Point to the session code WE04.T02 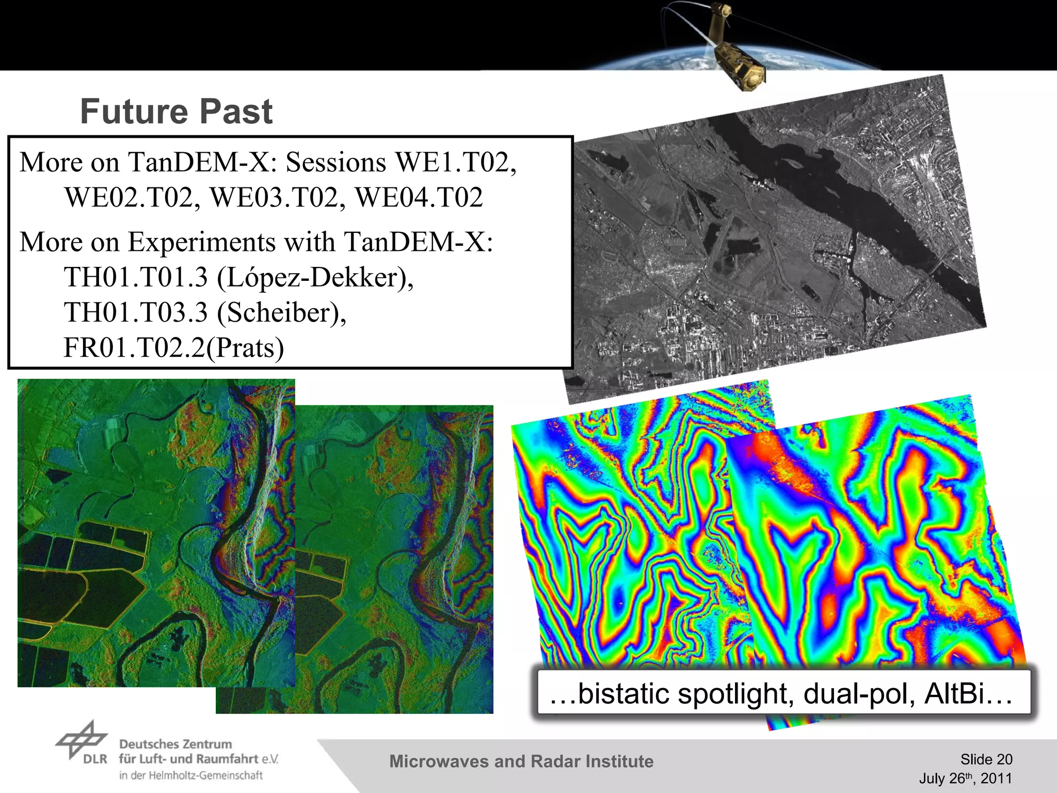(x=419, y=197)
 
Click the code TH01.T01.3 (x=136, y=277)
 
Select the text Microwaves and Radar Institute (x=521, y=762)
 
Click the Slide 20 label (x=986, y=759)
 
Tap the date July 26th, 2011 (x=965, y=778)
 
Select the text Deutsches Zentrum (x=175, y=744)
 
